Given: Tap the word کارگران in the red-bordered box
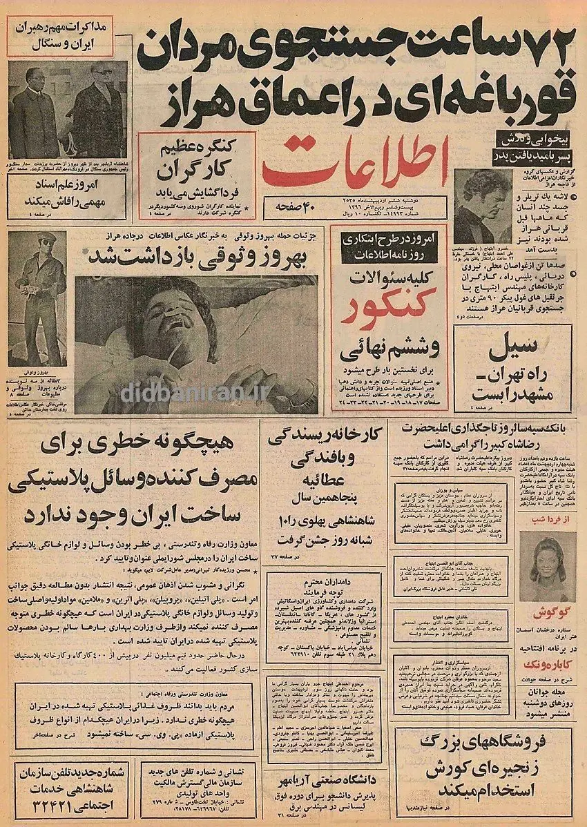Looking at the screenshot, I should pyautogui.click(x=197, y=171).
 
